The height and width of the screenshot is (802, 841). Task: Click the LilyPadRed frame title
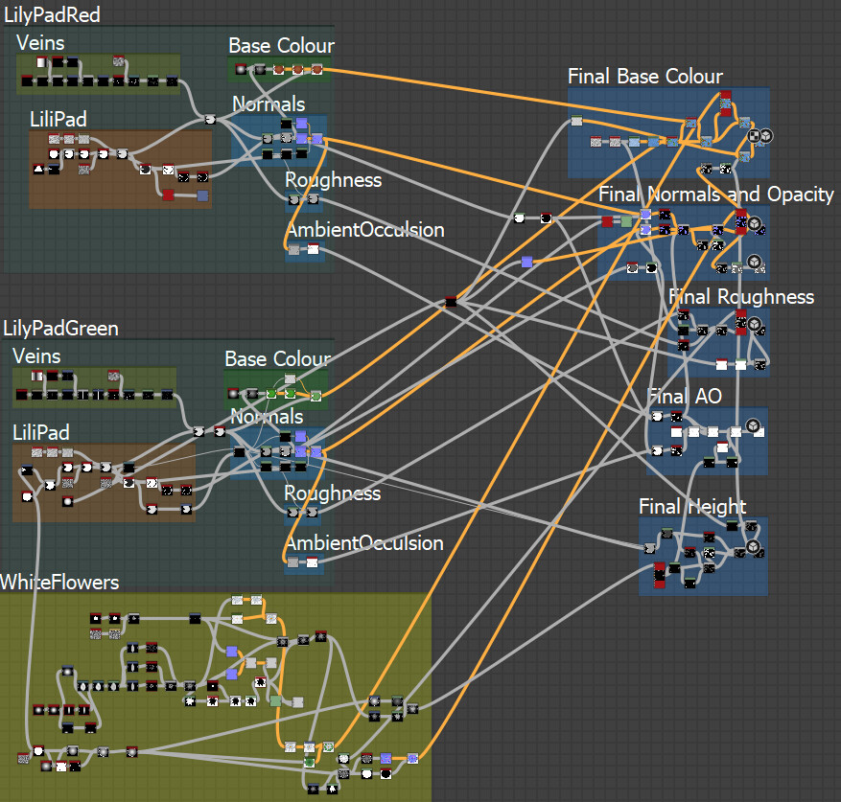(52, 15)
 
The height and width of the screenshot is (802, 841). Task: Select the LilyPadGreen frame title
(60, 329)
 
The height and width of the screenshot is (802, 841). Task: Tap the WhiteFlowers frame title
(59, 583)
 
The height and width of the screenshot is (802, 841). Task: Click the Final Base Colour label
(644, 77)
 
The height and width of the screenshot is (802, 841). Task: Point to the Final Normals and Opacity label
(715, 195)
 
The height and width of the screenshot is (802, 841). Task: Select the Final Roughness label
(740, 297)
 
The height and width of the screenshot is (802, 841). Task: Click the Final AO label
(684, 397)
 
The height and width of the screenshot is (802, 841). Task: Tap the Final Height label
(692, 507)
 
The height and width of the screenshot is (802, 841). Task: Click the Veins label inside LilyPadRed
(40, 43)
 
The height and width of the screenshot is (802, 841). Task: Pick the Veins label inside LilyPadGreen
(37, 356)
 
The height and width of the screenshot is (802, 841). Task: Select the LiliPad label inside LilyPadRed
(58, 120)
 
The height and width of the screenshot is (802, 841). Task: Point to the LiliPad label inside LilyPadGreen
(41, 433)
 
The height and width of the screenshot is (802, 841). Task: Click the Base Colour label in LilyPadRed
(281, 46)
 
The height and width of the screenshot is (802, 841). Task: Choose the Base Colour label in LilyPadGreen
(277, 359)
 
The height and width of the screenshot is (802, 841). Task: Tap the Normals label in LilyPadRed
(269, 104)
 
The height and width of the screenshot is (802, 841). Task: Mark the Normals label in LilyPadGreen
(265, 418)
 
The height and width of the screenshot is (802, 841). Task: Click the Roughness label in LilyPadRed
(333, 180)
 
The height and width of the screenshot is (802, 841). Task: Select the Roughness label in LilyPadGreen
(332, 493)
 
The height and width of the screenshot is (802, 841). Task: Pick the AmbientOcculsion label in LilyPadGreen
(363, 543)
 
